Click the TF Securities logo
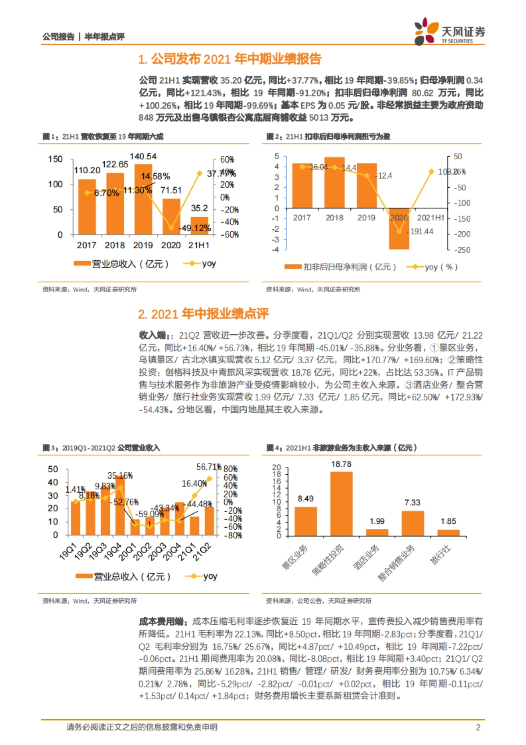(x=449, y=31)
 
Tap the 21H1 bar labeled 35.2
(x=199, y=226)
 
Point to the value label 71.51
(x=171, y=190)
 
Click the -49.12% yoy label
(x=195, y=228)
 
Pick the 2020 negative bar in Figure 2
(x=399, y=229)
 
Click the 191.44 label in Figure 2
(x=422, y=231)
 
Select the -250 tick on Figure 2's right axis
(x=462, y=250)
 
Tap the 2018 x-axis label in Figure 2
(x=334, y=218)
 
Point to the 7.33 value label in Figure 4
(x=412, y=502)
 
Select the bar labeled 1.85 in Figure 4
(x=448, y=533)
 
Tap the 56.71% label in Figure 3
(x=209, y=467)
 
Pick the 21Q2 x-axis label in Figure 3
(x=203, y=552)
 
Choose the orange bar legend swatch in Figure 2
(x=293, y=267)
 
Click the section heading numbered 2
(x=203, y=314)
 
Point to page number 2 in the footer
(x=478, y=727)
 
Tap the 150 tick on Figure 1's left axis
(x=55, y=159)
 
